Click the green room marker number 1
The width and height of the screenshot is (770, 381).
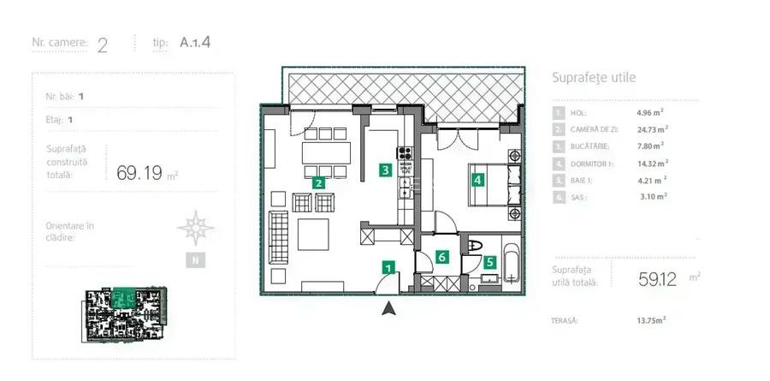[388, 269]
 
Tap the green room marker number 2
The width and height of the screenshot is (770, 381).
[317, 182]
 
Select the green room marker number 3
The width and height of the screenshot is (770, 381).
[386, 170]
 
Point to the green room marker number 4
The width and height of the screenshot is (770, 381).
[477, 180]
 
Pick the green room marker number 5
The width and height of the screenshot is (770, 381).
[489, 263]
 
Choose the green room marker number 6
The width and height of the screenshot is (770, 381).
[441, 256]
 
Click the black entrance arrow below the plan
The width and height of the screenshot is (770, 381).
[388, 308]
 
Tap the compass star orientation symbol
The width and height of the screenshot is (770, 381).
[195, 228]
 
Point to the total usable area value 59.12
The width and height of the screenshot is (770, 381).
[658, 278]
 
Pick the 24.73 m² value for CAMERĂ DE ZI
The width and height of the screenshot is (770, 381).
[652, 129]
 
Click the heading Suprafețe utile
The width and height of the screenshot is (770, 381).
[594, 78]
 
